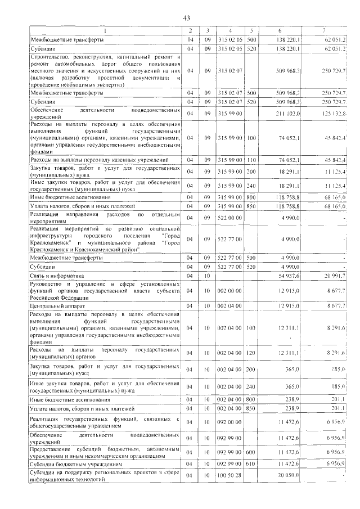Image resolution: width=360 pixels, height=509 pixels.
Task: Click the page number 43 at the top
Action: pos(187,18)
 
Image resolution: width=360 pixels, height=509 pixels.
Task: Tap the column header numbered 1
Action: pos(105,30)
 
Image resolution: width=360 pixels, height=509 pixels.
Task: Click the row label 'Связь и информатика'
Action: pos(56,276)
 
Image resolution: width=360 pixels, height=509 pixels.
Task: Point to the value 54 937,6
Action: pos(290,276)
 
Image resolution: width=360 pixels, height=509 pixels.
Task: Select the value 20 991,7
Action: pos(335,276)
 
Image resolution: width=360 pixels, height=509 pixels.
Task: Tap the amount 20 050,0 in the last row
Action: pos(290,475)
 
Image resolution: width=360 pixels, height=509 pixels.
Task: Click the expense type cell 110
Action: pos(251,160)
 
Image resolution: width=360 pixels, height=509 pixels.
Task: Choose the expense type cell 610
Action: pos(251,464)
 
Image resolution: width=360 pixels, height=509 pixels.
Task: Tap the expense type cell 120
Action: pos(251,352)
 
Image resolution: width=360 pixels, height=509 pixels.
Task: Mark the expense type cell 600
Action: pos(251,452)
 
